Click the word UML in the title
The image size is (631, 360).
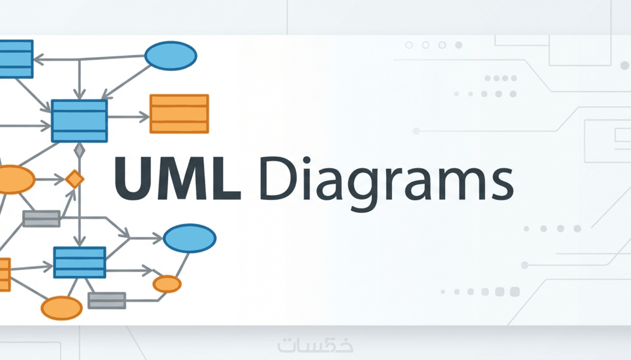[x=178, y=178]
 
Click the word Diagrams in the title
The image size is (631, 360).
[x=386, y=183]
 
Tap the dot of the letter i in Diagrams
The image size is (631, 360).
[x=307, y=160]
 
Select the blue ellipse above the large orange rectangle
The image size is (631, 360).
[x=171, y=56]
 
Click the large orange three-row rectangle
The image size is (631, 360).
[x=179, y=114]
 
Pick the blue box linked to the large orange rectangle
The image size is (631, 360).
[x=79, y=121]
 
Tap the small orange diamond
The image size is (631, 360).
[x=74, y=179]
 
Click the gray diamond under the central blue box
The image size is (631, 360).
[x=79, y=150]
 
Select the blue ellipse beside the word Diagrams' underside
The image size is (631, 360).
[x=190, y=238]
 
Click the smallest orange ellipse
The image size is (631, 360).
[x=167, y=284]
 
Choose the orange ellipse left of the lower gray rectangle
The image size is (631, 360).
[x=62, y=308]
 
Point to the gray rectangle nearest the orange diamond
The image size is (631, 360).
[x=42, y=219]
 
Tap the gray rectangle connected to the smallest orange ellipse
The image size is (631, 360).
[x=107, y=301]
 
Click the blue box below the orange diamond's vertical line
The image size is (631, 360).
[x=80, y=262]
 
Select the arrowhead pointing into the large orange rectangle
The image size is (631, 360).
[x=145, y=117]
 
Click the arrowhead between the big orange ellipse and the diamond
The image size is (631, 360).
[x=60, y=179]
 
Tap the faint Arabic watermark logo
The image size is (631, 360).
[x=315, y=345]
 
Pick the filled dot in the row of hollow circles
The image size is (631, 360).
[x=459, y=45]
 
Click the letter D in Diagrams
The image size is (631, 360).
[x=278, y=178]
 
